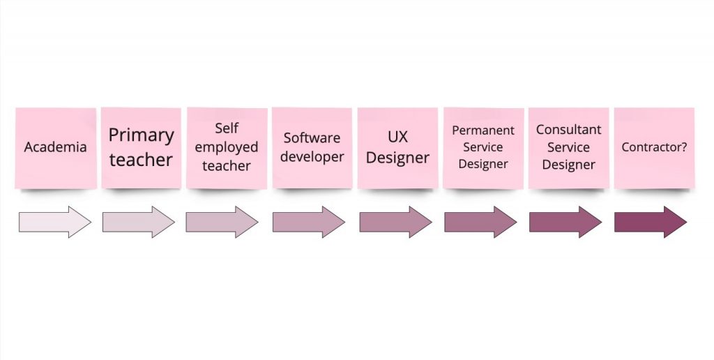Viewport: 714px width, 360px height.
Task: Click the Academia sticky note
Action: (x=56, y=148)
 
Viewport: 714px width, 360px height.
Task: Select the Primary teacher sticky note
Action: (x=141, y=148)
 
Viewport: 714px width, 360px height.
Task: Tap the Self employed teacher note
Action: (x=227, y=148)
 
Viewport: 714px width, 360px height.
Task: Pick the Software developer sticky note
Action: (x=312, y=148)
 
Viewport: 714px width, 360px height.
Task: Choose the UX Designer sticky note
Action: (x=397, y=148)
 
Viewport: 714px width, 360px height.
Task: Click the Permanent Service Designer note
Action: (x=483, y=148)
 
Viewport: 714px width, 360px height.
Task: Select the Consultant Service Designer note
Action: (x=569, y=148)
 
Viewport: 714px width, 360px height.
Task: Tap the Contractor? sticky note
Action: (x=654, y=148)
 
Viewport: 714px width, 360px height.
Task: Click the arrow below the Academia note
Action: (x=55, y=222)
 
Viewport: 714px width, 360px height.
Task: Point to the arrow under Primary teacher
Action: (x=139, y=222)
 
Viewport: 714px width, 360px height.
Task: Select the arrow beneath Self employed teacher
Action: (x=222, y=222)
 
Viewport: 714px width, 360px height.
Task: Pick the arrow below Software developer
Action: (x=309, y=222)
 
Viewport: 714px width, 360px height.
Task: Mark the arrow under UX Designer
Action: (x=396, y=222)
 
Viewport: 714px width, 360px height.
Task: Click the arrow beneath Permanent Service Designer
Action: (x=481, y=222)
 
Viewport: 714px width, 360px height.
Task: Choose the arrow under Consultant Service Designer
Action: (x=565, y=222)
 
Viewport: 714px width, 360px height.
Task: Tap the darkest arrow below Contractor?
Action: (x=651, y=222)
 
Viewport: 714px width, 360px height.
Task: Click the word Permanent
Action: (x=483, y=130)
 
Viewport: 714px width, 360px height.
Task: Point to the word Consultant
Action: (x=569, y=130)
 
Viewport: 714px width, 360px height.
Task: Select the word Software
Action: (x=312, y=137)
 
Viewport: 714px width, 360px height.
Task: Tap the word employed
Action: (x=227, y=148)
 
